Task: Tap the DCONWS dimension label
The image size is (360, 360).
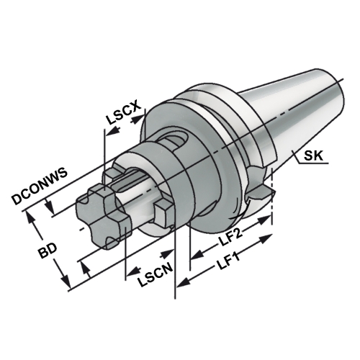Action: [x=40, y=186]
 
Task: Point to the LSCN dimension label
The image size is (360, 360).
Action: [x=156, y=274]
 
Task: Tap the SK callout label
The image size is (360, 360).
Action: [x=313, y=156]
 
